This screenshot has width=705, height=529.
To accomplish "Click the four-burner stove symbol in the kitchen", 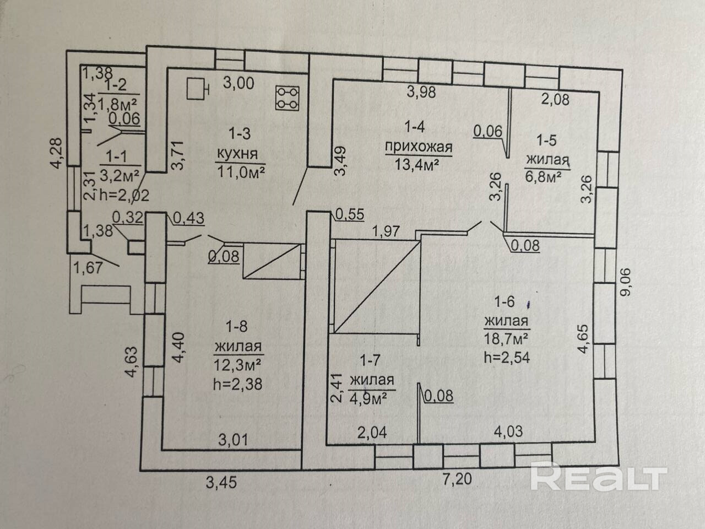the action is (288, 98).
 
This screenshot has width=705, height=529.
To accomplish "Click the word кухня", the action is (237, 154).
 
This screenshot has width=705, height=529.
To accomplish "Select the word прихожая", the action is (419, 148).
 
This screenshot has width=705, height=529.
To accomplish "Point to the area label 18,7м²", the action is (507, 339).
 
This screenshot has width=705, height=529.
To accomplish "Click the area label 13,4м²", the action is (416, 165).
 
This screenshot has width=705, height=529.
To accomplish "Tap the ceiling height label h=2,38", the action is (238, 384).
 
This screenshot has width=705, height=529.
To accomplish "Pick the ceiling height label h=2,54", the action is (507, 357).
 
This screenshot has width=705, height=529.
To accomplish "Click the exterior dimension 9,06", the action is (625, 282).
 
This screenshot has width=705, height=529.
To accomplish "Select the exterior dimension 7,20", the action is (457, 479).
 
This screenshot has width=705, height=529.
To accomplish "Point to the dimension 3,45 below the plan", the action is (221, 482).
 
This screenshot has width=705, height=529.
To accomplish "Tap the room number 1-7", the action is (370, 361).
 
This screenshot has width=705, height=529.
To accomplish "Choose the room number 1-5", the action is (547, 141).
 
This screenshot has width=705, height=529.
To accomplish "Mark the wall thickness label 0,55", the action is (350, 214).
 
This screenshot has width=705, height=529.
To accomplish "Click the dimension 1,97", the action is (386, 231).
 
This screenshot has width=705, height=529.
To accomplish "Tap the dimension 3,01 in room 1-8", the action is (233, 440).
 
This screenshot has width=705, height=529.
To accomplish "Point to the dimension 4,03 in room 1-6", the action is (508, 431).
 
